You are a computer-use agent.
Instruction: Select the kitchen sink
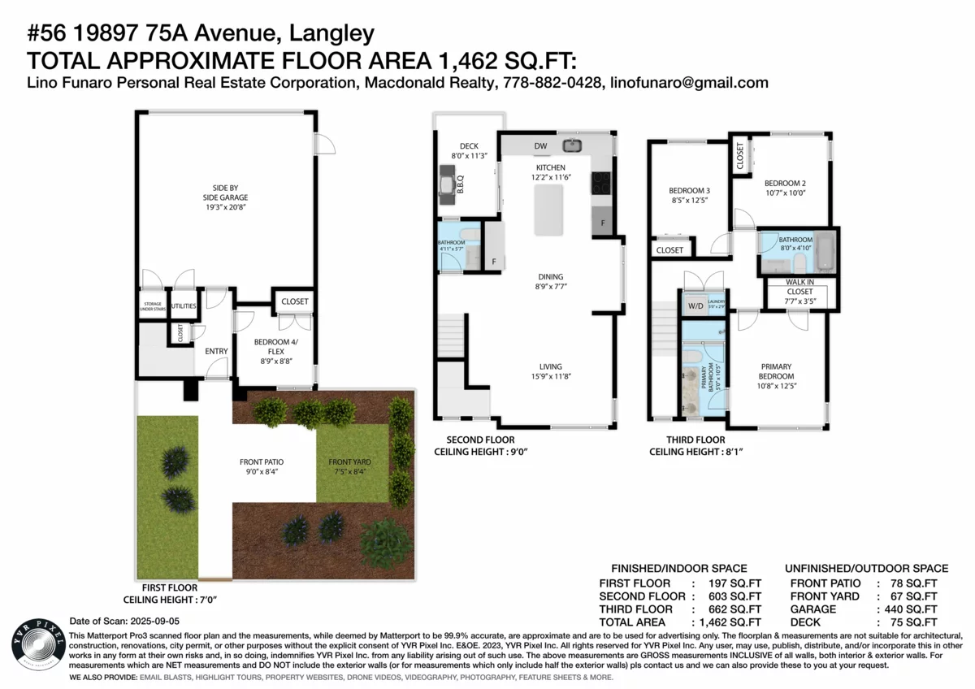point(572,146)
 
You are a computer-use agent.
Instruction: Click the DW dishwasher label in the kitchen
point(540,146)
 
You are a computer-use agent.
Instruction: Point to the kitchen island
point(548,210)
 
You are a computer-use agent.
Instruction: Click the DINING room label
point(550,277)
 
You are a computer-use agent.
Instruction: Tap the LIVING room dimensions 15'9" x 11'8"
point(550,376)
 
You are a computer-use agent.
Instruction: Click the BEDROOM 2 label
point(784,183)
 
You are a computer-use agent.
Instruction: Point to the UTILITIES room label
point(184,305)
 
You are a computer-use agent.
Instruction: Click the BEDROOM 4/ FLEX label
point(272,347)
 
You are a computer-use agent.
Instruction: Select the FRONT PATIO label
point(261,461)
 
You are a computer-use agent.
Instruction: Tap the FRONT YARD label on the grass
point(349,461)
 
